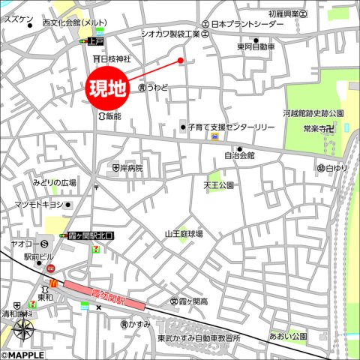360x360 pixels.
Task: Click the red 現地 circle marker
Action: tap(108, 88)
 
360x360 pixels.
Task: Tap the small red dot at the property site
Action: tap(181, 61)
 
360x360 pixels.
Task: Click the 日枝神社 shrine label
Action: tap(115, 58)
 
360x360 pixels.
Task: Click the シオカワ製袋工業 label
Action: tap(170, 34)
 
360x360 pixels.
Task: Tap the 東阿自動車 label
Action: tap(255, 46)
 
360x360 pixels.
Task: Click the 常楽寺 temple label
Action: tap(317, 129)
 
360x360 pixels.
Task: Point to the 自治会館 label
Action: tap(239, 156)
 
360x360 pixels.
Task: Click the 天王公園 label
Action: tap(218, 184)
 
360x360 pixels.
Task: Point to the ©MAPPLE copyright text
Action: tap(22, 355)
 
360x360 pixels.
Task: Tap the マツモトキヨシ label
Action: tap(39, 205)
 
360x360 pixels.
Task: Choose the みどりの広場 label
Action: tap(53, 182)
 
